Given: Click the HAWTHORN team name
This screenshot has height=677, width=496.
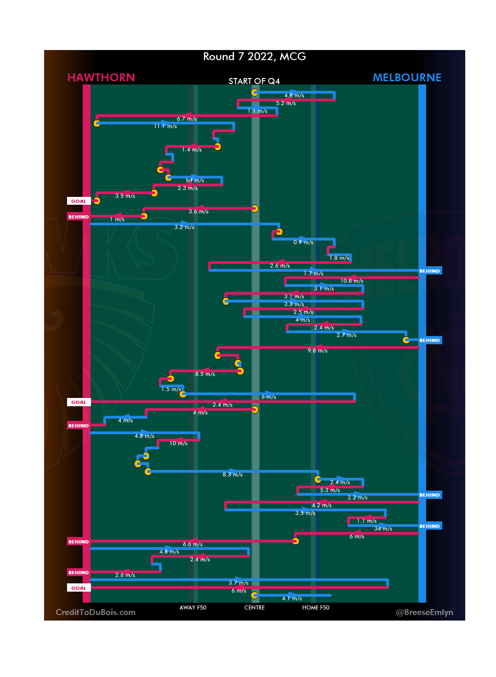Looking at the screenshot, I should (x=101, y=78).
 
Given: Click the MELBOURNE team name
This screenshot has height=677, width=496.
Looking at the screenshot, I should (x=407, y=78).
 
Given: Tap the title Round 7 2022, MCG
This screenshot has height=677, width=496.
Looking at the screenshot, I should (x=254, y=56).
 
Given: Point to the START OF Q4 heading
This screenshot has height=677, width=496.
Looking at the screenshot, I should (x=254, y=81).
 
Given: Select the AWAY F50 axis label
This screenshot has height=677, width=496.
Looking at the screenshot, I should (x=193, y=608).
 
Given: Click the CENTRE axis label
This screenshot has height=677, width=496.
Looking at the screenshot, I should (x=254, y=608).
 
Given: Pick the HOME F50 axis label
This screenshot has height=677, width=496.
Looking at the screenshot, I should (x=316, y=608).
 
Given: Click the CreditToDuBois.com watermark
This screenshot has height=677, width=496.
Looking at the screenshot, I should (x=96, y=612).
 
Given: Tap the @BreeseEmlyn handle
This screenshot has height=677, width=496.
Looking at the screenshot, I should (x=424, y=612).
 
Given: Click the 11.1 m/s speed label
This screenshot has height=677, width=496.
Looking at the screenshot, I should (x=165, y=126).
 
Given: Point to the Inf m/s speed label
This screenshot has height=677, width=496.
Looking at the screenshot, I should (x=195, y=180).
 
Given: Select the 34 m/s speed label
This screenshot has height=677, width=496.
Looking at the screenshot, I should (x=383, y=529).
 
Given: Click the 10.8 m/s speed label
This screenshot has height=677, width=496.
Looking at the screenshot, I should (x=352, y=281).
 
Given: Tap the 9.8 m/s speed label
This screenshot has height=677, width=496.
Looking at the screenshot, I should (x=317, y=351).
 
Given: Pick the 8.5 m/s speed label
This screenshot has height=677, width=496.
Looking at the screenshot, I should (x=205, y=374).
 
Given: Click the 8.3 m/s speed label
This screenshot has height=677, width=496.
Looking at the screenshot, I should (x=232, y=475).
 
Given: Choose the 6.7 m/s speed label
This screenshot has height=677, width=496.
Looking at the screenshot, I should (x=187, y=119).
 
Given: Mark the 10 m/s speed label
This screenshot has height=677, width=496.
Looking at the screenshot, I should (x=178, y=443).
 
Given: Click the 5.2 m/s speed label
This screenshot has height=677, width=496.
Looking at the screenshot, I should (x=286, y=103).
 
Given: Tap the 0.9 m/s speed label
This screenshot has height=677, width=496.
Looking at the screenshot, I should (x=303, y=242).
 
